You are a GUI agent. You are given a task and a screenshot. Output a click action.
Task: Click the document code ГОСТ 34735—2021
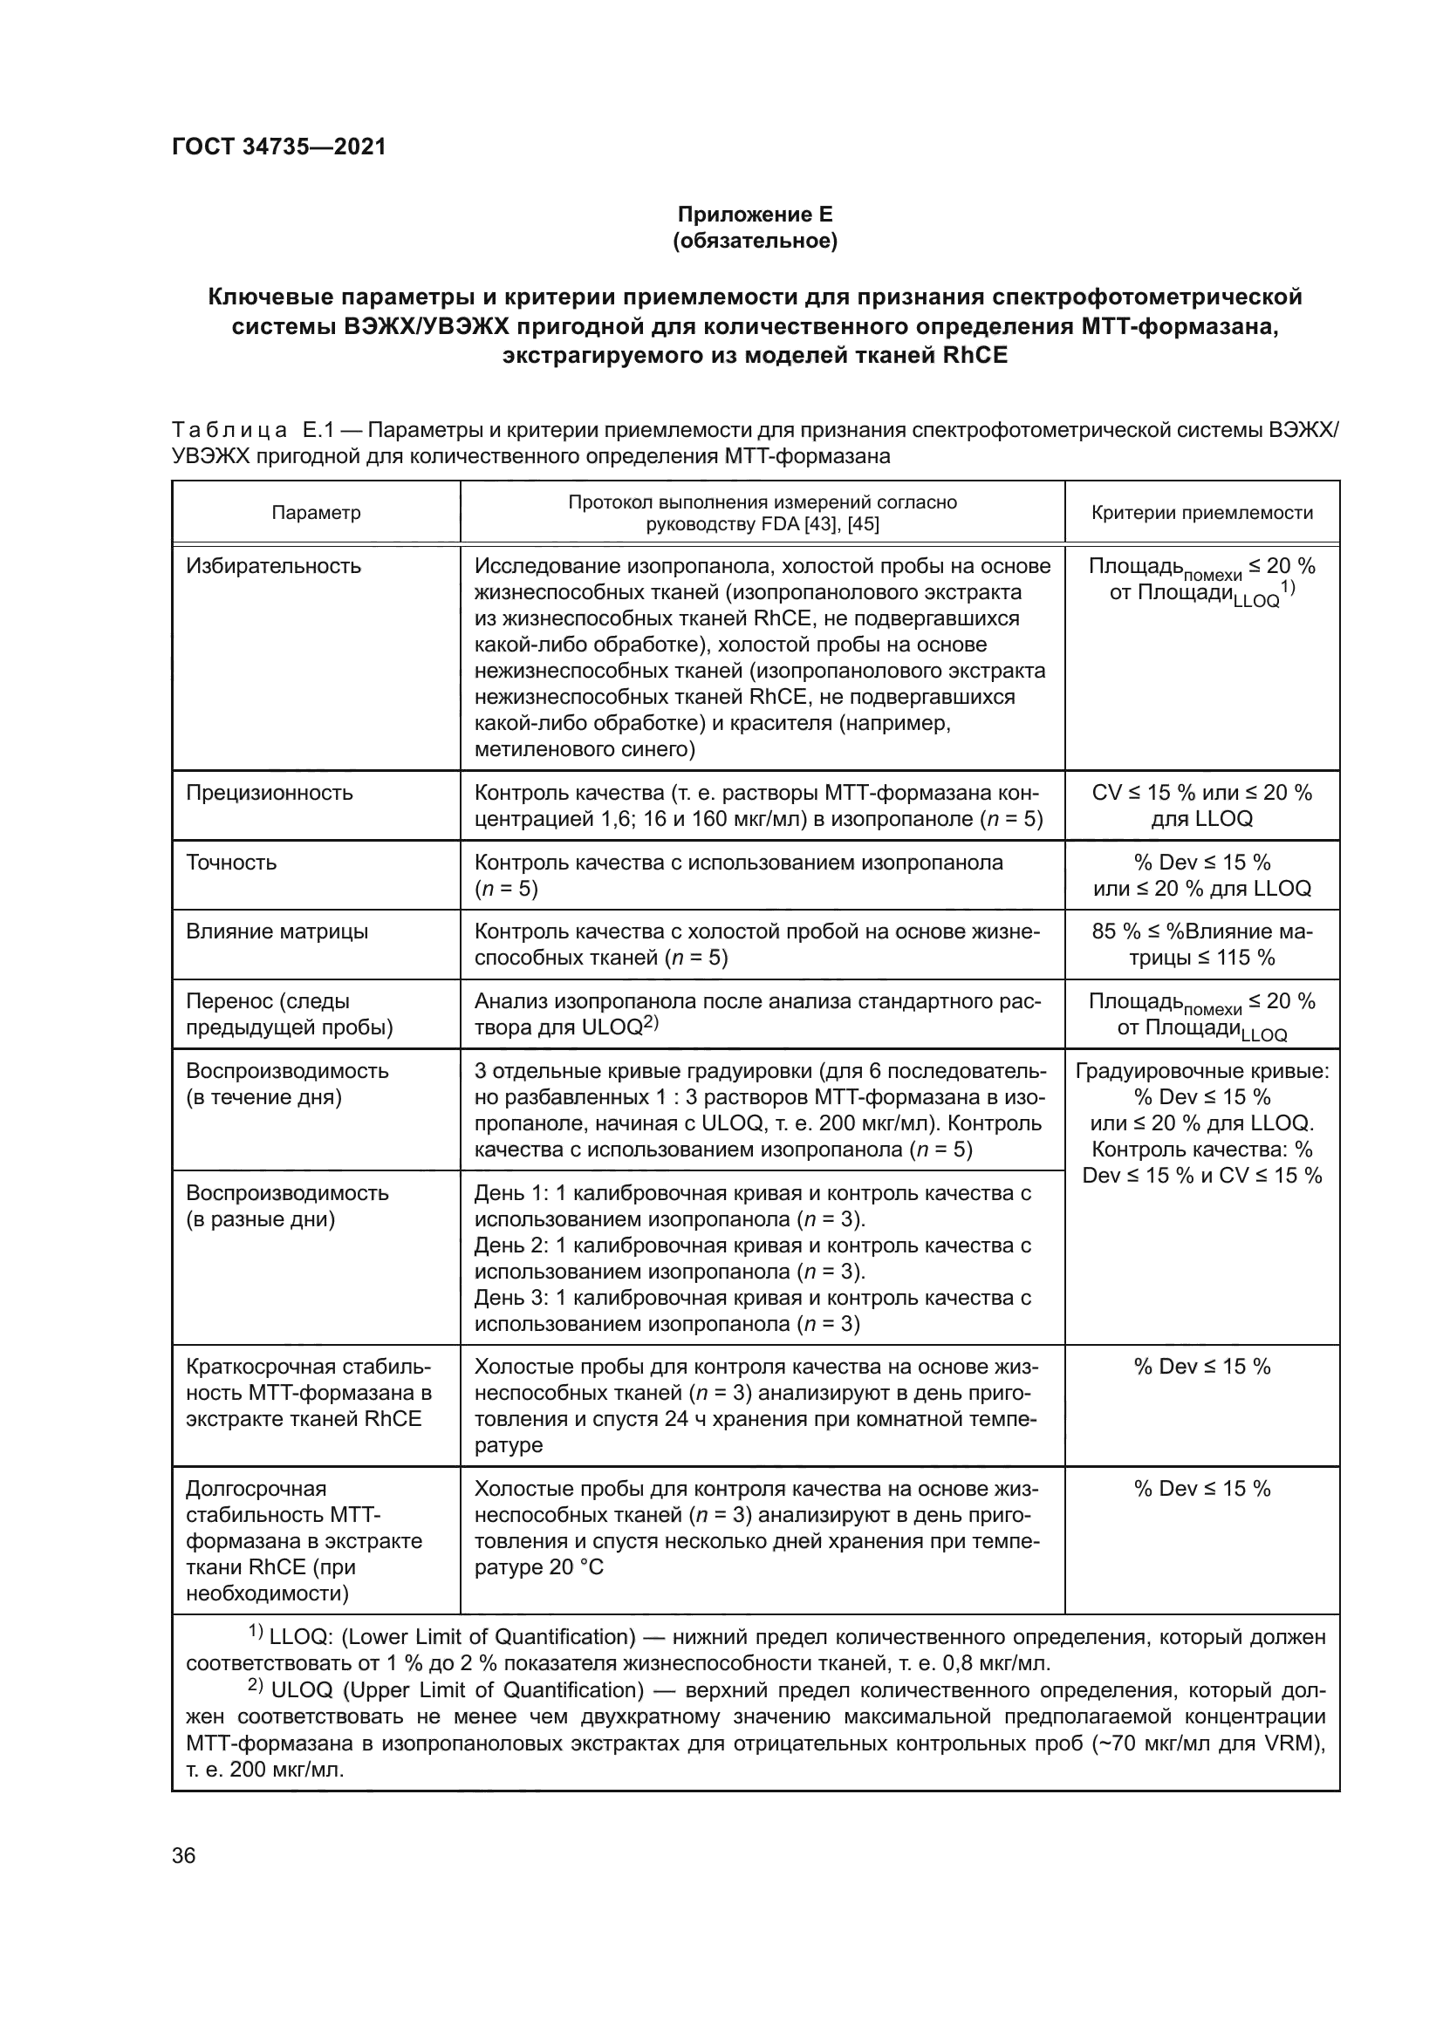click(279, 147)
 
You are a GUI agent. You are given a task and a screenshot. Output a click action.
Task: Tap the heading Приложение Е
click(755, 215)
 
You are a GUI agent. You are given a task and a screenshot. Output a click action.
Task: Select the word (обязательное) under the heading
click(755, 241)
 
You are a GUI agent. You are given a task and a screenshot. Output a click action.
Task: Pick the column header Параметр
click(317, 513)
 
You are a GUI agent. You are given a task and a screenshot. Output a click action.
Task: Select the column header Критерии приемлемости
click(1201, 513)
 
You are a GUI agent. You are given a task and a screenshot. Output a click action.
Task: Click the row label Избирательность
click(274, 566)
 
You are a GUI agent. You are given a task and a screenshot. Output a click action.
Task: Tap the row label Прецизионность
click(270, 793)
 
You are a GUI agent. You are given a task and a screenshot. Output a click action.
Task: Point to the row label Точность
click(231, 862)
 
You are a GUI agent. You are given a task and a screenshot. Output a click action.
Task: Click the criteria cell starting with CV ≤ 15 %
click(1201, 805)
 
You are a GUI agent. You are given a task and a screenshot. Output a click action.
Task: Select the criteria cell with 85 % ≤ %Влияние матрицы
click(1201, 944)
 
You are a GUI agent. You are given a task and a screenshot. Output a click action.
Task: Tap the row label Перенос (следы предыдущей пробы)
click(289, 1013)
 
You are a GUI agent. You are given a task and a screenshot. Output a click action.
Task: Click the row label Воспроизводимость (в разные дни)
click(287, 1204)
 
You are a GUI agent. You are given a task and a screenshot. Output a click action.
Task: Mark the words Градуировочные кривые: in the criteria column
click(1201, 1071)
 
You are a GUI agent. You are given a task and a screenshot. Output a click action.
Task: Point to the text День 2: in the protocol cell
click(511, 1245)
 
